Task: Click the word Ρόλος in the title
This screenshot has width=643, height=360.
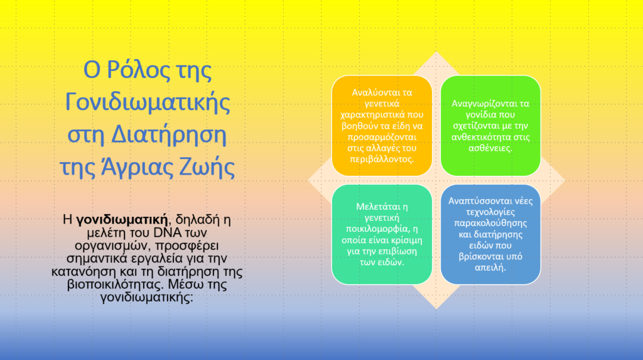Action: [139, 70]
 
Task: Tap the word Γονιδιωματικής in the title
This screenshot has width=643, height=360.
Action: [148, 102]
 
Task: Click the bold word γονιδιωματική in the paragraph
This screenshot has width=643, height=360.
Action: [122, 220]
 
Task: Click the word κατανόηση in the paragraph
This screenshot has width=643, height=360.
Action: [85, 271]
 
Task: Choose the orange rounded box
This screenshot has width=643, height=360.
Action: [382, 126]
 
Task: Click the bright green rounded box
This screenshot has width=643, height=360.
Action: [490, 126]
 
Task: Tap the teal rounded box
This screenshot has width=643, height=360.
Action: [382, 234]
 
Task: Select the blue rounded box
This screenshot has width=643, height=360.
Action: [490, 234]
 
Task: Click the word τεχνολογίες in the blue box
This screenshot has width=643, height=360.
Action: [490, 212]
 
